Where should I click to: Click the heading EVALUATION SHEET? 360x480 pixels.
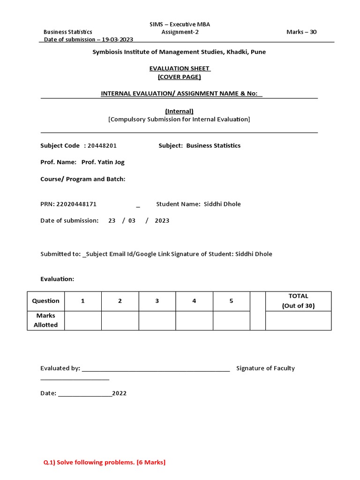coord(180,68)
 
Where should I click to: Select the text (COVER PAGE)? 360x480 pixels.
coord(180,77)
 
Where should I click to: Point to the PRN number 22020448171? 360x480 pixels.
coord(76,204)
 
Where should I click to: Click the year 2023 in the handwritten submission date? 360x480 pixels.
coord(162,221)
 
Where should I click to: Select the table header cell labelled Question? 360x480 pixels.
coord(45,301)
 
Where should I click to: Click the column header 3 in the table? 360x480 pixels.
coord(157,301)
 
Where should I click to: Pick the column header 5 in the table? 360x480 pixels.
coord(231,301)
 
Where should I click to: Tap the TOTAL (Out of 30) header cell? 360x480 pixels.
coord(298,301)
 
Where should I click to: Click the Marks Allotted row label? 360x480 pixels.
coord(45,321)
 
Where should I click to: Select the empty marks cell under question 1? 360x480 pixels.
coord(82,321)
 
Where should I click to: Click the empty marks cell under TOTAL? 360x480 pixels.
coord(298,321)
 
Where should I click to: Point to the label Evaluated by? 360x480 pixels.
coord(60,368)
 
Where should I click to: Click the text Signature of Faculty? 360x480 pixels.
coord(265,368)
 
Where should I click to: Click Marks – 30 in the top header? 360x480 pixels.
coord(301,32)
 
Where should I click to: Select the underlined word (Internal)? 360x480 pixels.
coord(179,111)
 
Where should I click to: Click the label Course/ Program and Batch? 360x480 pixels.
coord(83,179)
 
